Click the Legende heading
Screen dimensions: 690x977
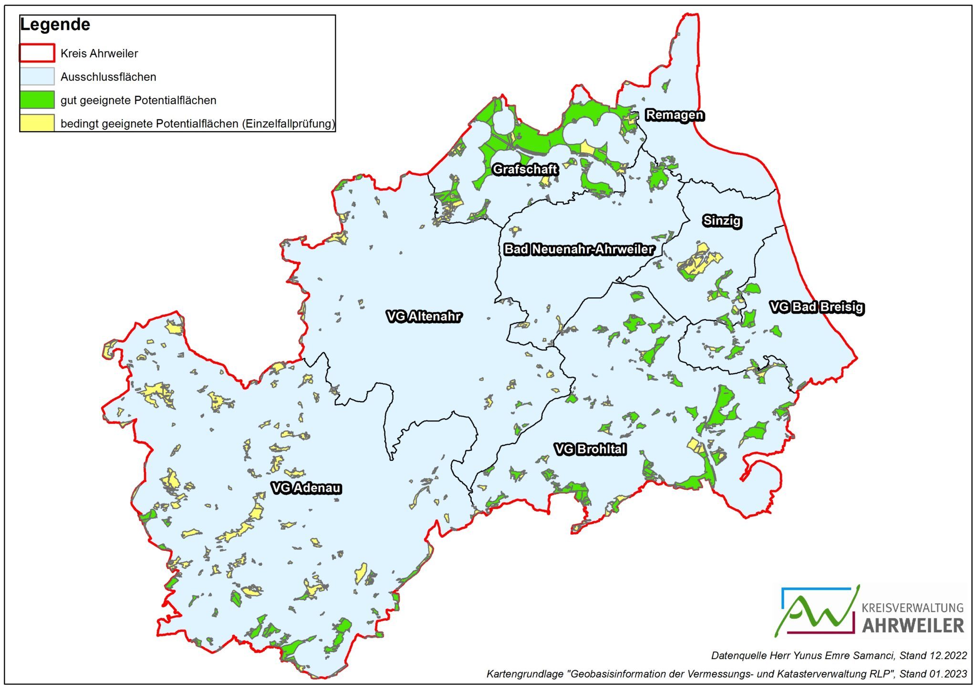[55, 25]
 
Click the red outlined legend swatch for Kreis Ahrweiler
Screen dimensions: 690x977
[37, 53]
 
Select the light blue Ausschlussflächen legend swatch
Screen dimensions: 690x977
[37, 76]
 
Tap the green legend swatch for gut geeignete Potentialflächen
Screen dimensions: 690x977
[37, 100]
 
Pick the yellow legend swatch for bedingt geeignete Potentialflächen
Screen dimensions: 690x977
[37, 123]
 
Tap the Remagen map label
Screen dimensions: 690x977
[674, 115]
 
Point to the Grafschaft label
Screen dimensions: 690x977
[525, 169]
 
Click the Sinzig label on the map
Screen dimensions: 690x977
[722, 221]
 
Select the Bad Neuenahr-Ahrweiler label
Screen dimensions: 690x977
[579, 249]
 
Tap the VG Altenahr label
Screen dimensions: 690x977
[424, 316]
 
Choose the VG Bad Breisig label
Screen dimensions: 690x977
[816, 307]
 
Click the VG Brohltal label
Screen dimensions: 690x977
[590, 449]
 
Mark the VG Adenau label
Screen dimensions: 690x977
[306, 488]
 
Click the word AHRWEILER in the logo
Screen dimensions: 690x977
[913, 626]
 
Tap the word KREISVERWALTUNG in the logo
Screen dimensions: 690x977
[912, 608]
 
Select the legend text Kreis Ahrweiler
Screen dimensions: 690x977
[99, 53]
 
